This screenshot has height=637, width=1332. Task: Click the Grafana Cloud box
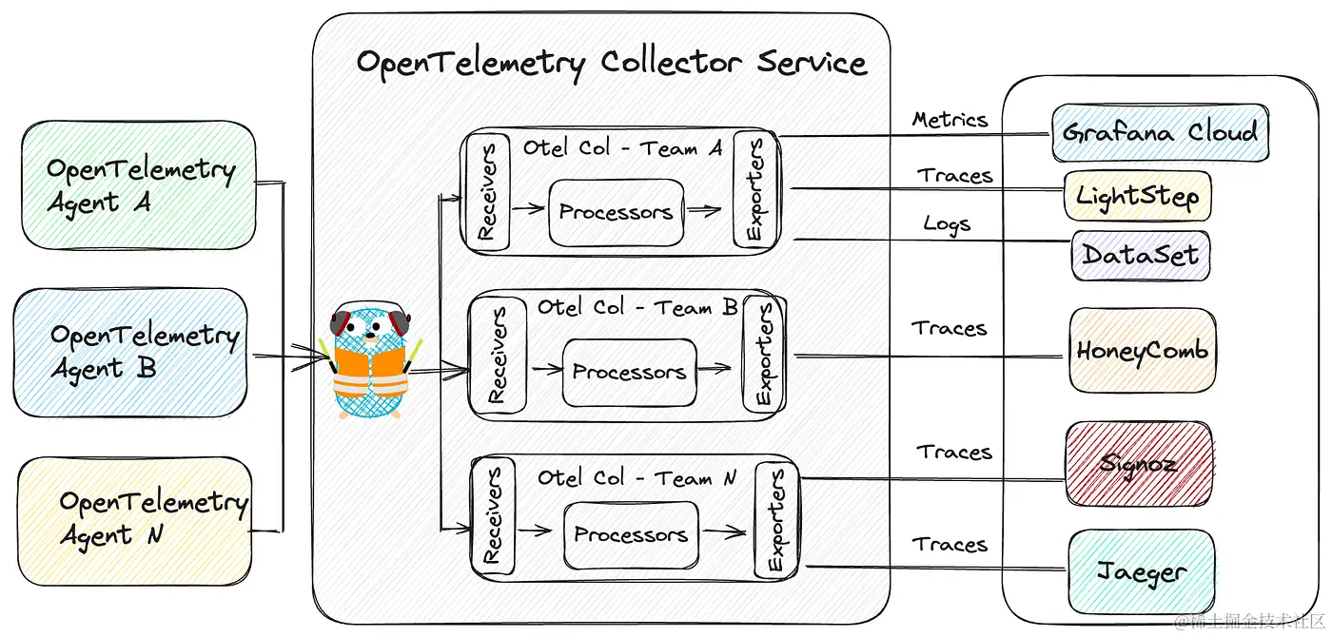(x=1160, y=133)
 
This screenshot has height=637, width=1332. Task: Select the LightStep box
(x=1138, y=196)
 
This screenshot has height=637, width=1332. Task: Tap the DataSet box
(x=1141, y=256)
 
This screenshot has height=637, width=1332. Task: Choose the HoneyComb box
(x=1143, y=350)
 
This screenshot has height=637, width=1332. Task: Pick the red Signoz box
(x=1140, y=464)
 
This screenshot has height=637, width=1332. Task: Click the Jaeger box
(x=1142, y=571)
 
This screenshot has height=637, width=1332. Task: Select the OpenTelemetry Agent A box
(x=139, y=185)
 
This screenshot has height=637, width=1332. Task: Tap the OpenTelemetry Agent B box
(x=130, y=353)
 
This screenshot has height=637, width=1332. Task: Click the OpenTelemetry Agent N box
(x=135, y=521)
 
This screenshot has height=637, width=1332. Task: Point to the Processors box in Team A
(x=617, y=212)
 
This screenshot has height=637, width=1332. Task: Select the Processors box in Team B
(x=629, y=373)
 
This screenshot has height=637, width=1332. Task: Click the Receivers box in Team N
(x=493, y=515)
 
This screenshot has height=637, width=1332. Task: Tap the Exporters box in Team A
(x=755, y=189)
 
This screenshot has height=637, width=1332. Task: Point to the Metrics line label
(x=950, y=120)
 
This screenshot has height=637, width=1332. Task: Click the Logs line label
(x=947, y=224)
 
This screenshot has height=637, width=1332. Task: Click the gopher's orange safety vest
(x=370, y=373)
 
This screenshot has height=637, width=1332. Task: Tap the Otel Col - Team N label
(x=637, y=477)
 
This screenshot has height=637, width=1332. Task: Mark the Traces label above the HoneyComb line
(x=950, y=328)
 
